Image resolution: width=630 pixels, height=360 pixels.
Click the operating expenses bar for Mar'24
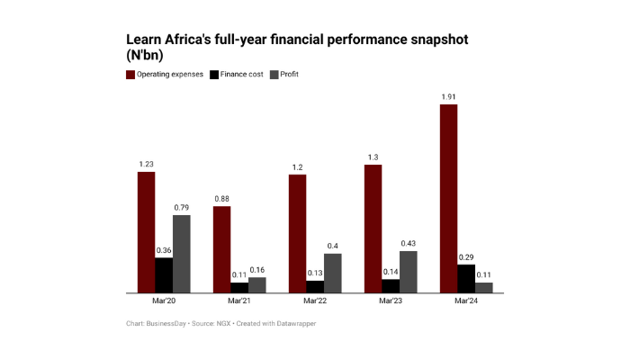click(448, 198)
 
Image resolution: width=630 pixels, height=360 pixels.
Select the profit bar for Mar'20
click(181, 254)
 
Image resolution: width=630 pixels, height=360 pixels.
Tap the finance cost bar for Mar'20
click(164, 275)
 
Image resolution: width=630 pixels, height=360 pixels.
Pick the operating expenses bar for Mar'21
click(221, 249)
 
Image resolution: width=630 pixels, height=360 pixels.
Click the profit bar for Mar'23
click(408, 272)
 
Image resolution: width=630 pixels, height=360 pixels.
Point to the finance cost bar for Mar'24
click(466, 278)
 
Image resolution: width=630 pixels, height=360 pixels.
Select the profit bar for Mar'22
click(332, 273)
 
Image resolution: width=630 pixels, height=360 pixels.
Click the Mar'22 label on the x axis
click(316, 301)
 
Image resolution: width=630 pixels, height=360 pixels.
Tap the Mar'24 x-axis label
click(466, 301)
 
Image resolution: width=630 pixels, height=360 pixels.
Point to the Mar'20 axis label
click(164, 301)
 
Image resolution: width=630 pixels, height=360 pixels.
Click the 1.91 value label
click(448, 96)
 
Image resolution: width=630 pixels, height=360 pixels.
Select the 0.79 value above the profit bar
click(181, 207)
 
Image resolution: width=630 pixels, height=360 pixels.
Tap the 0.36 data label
click(164, 250)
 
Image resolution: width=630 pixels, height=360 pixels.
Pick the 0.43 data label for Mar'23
click(408, 243)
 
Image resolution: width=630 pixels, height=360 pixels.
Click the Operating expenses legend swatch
click(130, 74)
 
